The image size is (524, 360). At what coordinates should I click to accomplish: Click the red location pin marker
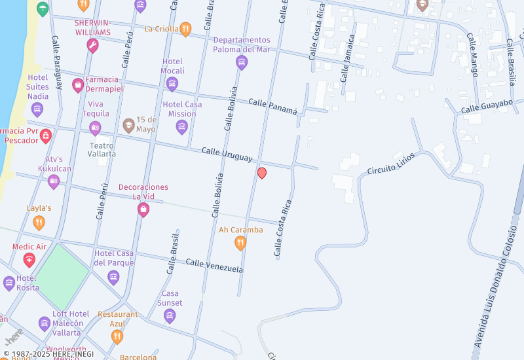click(x=262, y=173)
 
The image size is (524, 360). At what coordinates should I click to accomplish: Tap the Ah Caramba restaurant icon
click(x=240, y=243)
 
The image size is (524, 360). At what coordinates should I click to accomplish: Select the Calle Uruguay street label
click(x=227, y=154)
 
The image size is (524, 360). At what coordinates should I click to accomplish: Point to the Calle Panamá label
click(x=273, y=106)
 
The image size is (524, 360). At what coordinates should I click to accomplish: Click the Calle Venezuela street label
click(x=214, y=266)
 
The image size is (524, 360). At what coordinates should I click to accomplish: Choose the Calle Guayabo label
click(x=487, y=107)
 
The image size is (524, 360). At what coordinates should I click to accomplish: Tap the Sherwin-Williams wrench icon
click(x=92, y=45)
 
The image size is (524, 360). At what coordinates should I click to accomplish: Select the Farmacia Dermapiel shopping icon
click(x=78, y=84)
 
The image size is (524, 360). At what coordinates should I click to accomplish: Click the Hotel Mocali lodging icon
click(x=172, y=83)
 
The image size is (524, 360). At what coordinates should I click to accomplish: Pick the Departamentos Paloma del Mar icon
click(x=242, y=62)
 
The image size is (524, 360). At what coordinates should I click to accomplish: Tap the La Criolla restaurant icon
click(x=185, y=29)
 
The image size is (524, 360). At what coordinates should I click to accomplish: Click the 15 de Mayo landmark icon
click(x=128, y=124)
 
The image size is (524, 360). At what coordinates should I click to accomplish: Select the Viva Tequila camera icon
click(x=96, y=128)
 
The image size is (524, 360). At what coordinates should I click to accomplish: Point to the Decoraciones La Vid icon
click(x=143, y=209)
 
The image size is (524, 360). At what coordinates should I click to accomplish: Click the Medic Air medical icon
click(x=29, y=260)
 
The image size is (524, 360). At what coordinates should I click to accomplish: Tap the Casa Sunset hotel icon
click(x=170, y=316)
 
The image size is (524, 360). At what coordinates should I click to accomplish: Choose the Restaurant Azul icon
click(x=117, y=336)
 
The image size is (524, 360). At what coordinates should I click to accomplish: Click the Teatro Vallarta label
click(x=102, y=150)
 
